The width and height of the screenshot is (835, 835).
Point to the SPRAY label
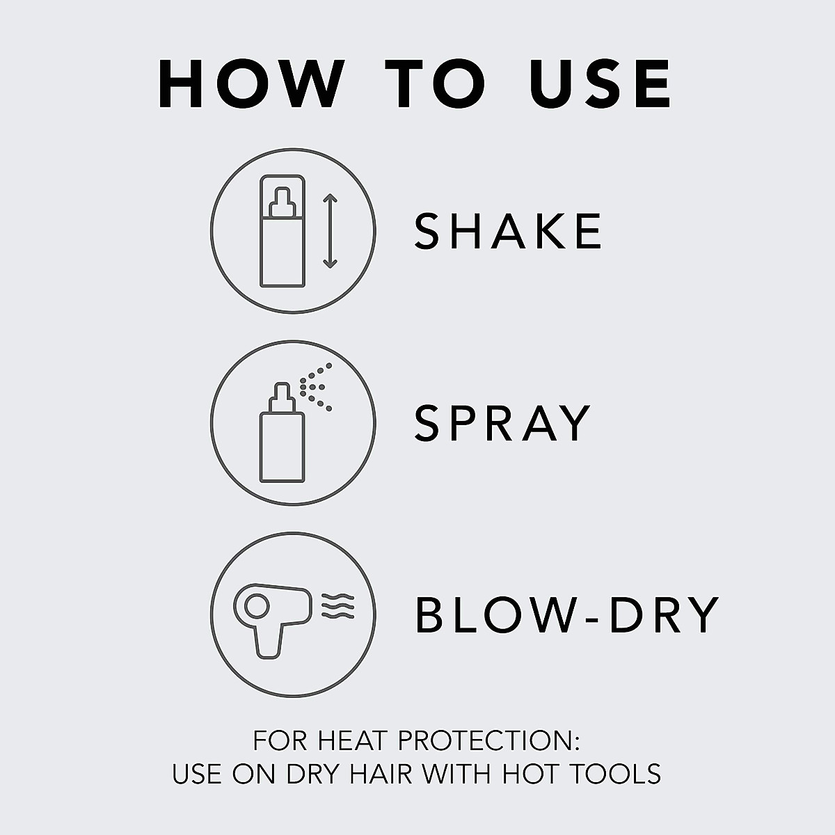[502, 422]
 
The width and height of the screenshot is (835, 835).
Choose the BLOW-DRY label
[566, 614]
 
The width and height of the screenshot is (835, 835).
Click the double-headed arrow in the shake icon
[330, 231]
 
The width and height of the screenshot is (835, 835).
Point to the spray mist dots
[317, 386]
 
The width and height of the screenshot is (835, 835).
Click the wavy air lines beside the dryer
[338, 606]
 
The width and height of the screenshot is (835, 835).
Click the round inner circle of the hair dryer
[251, 605]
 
